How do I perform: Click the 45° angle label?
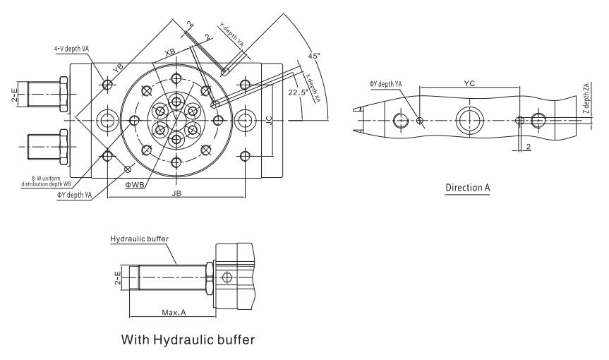(314, 56)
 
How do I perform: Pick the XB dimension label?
(169, 53)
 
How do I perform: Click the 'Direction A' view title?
(468, 188)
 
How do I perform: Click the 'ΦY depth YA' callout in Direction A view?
(385, 84)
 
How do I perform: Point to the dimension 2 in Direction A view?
(528, 147)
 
